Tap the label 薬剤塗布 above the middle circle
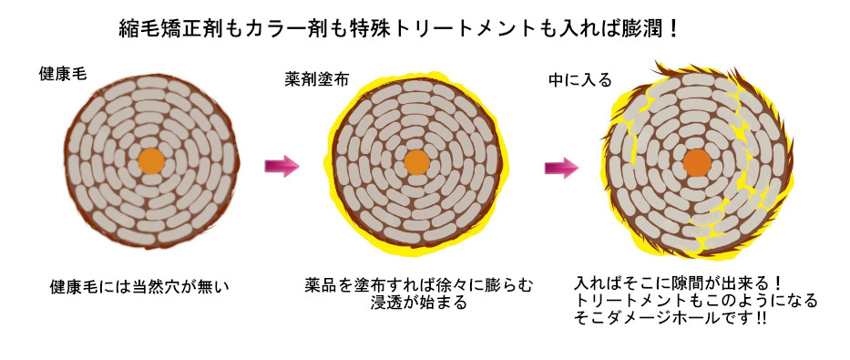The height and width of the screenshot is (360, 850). (314, 79)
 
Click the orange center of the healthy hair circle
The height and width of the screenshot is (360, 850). (151, 162)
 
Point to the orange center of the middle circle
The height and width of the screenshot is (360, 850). (416, 162)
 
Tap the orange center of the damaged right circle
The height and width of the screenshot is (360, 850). (697, 163)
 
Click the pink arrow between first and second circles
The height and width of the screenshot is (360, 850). (282, 166)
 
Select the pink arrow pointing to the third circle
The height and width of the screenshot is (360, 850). (562, 168)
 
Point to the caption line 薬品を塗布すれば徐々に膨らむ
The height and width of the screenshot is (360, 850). (419, 285)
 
